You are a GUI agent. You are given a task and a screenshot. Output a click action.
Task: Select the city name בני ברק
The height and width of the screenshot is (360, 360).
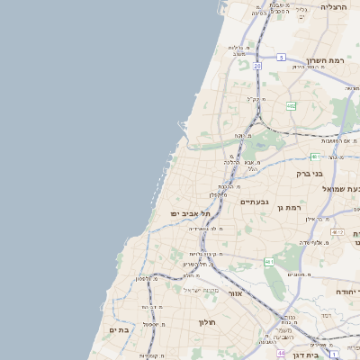310,173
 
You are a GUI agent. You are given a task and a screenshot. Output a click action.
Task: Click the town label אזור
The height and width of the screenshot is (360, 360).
235,293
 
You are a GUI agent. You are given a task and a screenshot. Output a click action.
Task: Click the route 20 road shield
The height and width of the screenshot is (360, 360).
257,66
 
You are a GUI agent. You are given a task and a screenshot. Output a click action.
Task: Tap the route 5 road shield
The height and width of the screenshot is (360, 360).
281,58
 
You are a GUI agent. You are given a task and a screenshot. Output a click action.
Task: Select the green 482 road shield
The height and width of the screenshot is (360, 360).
291,106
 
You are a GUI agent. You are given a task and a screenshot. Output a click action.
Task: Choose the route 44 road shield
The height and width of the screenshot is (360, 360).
281,354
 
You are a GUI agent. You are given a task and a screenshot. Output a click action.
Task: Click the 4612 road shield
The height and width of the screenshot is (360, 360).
337,233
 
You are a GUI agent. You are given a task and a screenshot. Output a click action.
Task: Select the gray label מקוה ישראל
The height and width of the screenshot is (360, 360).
201,290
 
